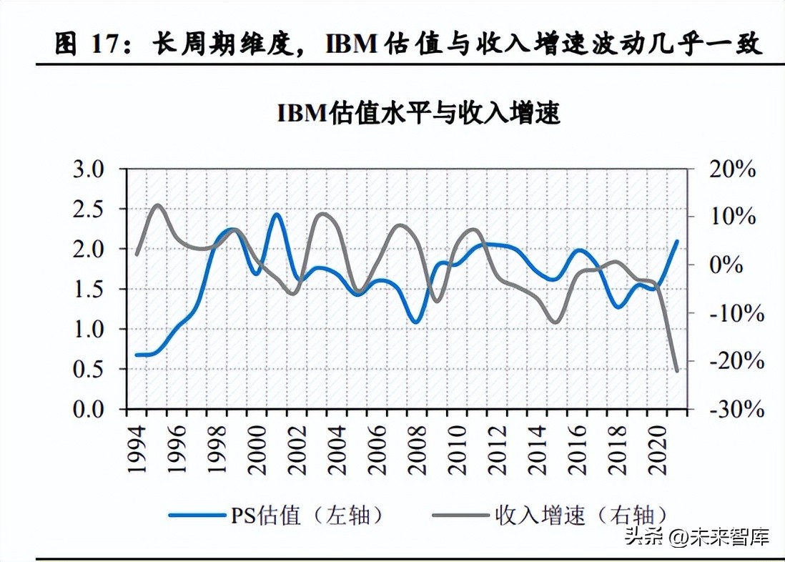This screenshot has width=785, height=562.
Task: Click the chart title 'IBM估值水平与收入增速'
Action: coord(418,114)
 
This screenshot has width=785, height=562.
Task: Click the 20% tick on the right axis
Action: coord(731,169)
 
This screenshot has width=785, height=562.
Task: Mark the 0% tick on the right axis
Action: coord(736,265)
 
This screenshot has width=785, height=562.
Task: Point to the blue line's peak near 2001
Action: coord(277,214)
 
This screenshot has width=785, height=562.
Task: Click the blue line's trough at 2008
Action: coord(417,322)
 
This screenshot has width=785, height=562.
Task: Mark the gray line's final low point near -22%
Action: coord(676,370)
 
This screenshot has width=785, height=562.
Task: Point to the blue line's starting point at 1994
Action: coord(137,355)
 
